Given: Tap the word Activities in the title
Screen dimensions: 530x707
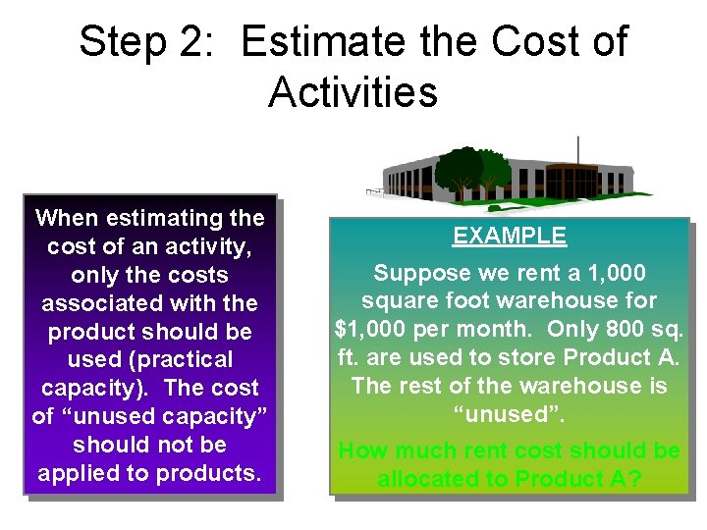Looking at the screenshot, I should [353, 93].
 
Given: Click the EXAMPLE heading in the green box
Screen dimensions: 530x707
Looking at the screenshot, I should [509, 237].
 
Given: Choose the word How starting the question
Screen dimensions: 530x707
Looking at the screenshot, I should [362, 451].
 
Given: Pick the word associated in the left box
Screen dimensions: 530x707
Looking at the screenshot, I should [96, 303].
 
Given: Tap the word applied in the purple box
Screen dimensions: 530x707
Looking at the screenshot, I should [82, 473].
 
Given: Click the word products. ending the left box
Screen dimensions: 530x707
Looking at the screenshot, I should [211, 473].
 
